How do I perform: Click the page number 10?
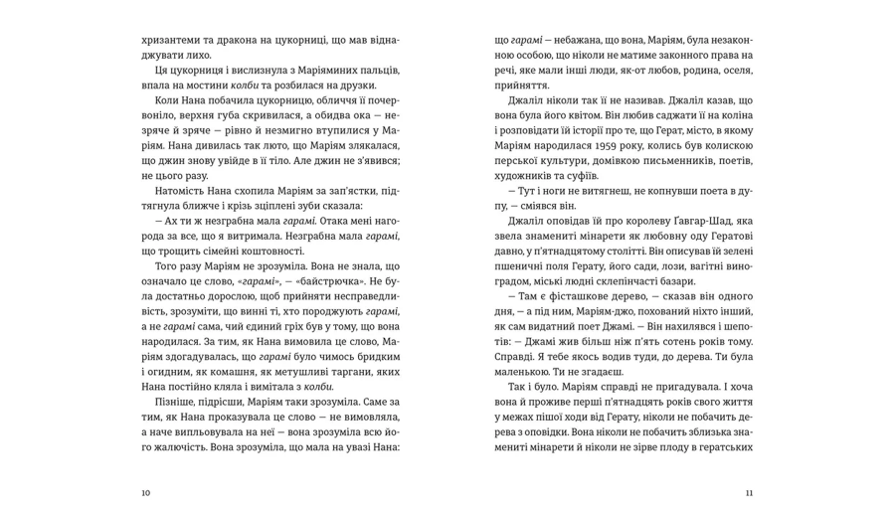click(145, 492)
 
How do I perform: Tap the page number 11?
click(749, 492)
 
